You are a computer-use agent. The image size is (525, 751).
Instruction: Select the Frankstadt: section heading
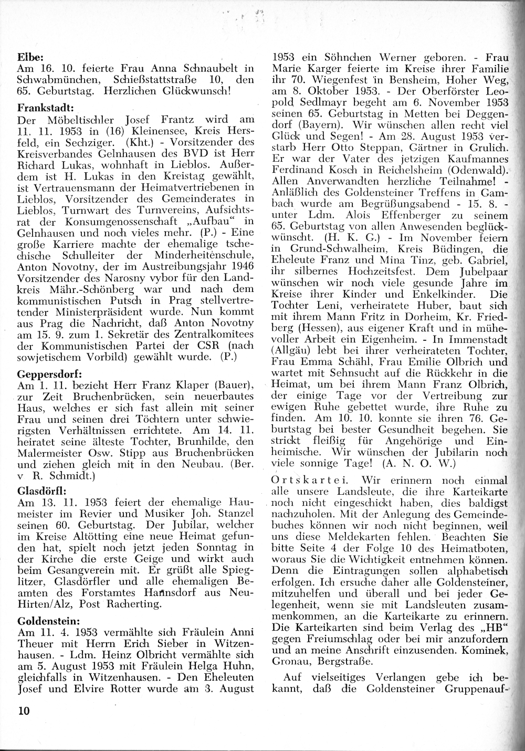[x=43, y=108]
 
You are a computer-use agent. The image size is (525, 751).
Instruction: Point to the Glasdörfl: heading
[x=40, y=492]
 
